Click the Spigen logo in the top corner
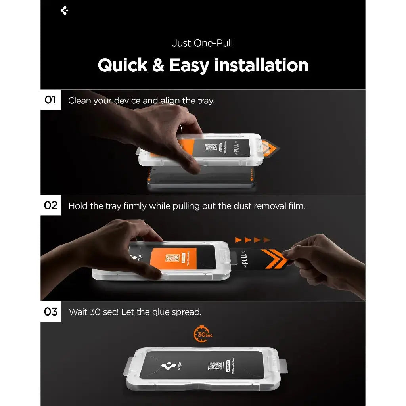click(65, 11)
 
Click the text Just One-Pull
click(203, 43)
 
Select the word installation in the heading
click(262, 65)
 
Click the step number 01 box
click(50, 100)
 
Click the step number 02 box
click(50, 205)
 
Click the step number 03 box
click(50, 312)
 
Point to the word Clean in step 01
click(79, 101)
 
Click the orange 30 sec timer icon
click(203, 334)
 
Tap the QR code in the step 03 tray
click(216, 366)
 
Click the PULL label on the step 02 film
click(245, 259)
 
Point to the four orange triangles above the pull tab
click(252, 240)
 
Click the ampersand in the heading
click(158, 65)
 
